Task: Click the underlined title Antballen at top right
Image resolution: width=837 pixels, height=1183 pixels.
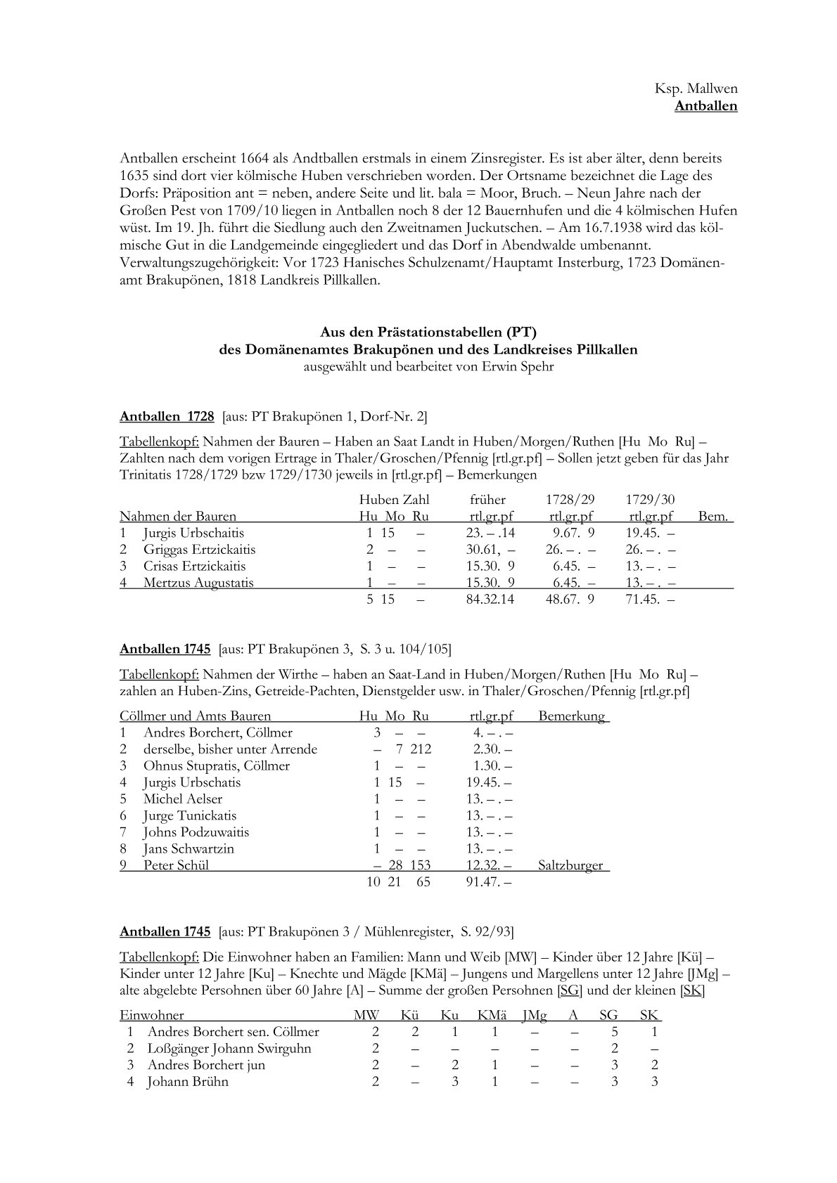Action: (x=705, y=106)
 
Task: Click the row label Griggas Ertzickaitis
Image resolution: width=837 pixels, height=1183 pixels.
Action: (x=199, y=550)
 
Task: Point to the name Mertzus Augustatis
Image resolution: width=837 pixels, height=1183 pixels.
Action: (x=198, y=583)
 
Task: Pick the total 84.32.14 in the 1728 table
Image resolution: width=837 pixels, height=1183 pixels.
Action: (x=490, y=600)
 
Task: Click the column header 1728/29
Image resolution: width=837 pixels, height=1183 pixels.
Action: (x=570, y=500)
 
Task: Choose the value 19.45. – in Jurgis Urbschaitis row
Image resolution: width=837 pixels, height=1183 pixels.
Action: (x=651, y=534)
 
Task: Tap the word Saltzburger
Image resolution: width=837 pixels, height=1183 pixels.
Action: (x=570, y=865)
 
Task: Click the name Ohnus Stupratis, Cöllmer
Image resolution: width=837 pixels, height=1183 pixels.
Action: (x=216, y=765)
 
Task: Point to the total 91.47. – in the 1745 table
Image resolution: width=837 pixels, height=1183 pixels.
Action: (x=489, y=882)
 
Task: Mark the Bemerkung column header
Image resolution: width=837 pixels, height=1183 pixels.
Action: (x=571, y=716)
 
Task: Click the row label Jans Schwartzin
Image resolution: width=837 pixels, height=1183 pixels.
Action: (x=189, y=848)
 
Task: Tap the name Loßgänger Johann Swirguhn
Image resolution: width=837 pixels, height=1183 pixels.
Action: (x=229, y=1049)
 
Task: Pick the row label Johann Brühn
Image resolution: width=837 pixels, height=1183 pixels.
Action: (x=188, y=1082)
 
